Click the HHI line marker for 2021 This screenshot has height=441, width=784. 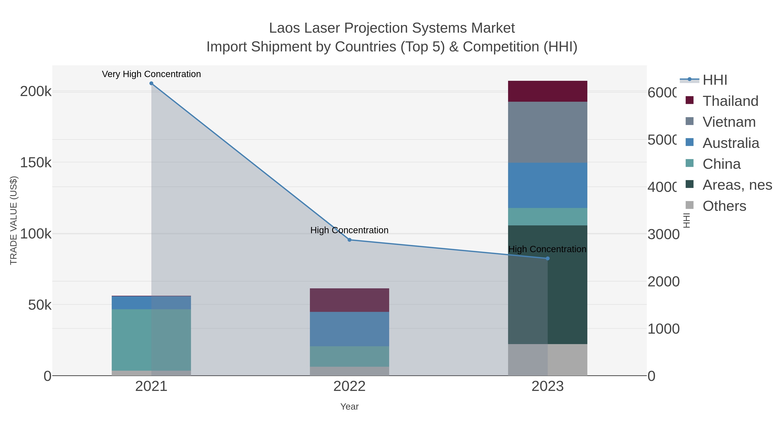[x=151, y=83]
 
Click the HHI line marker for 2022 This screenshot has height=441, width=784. [x=349, y=240]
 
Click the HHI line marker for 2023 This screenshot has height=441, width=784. [x=547, y=258]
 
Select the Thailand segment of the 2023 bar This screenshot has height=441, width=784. [x=547, y=91]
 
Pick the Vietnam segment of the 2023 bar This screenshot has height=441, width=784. [x=547, y=132]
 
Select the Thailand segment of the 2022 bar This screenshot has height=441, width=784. [x=349, y=300]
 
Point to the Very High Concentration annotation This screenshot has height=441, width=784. [x=151, y=74]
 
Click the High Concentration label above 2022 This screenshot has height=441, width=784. [x=349, y=230]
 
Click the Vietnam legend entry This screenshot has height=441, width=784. [x=729, y=122]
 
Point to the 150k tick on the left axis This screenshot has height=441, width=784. [x=36, y=162]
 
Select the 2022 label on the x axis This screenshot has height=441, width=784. [x=349, y=386]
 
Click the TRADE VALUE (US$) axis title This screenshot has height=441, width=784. [x=14, y=220]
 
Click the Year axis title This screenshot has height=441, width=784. [x=349, y=406]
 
